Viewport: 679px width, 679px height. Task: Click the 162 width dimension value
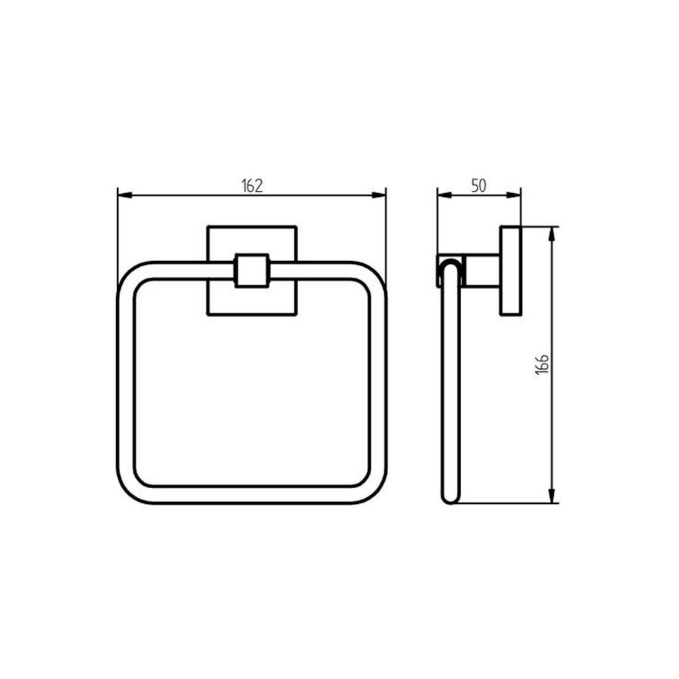click(x=252, y=186)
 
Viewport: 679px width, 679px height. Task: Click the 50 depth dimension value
click(x=478, y=186)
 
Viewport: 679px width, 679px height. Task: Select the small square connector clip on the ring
click(x=252, y=270)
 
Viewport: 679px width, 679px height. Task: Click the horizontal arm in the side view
click(x=481, y=271)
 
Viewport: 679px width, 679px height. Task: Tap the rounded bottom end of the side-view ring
click(x=450, y=498)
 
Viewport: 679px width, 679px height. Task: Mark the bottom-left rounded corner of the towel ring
click(x=131, y=490)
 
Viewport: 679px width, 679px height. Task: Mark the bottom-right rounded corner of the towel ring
click(x=374, y=490)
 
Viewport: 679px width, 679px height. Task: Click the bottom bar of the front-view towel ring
click(x=252, y=495)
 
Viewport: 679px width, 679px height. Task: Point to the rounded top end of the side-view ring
click(x=449, y=264)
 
